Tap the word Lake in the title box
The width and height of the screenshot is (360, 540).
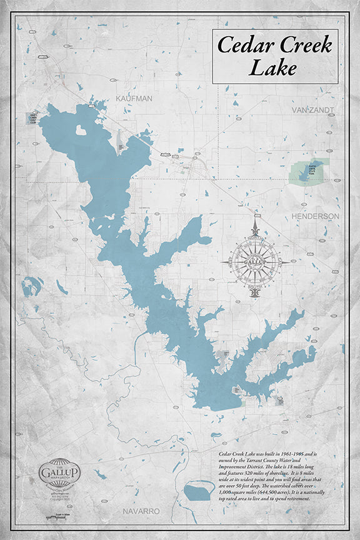(272, 67)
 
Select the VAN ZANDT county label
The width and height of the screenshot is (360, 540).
(312, 110)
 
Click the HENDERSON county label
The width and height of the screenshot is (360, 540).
(315, 216)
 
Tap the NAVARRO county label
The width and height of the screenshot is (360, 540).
(141, 511)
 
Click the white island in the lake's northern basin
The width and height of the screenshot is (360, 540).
(81, 131)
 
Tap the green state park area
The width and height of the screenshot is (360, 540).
(308, 171)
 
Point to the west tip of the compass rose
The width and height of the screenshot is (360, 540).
(222, 261)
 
